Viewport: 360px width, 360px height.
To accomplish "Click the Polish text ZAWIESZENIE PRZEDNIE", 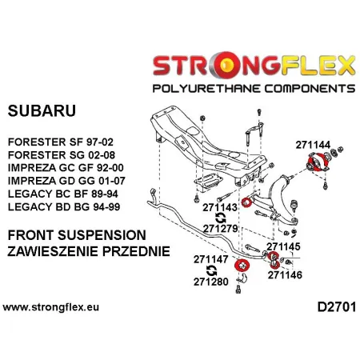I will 87,251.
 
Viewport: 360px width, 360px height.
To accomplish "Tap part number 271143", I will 220,206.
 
